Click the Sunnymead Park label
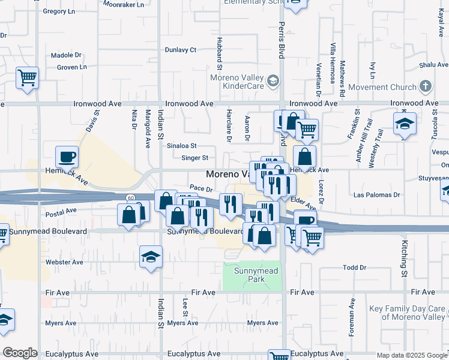252,274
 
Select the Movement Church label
382,87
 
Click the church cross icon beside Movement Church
426,86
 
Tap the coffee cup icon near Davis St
67,157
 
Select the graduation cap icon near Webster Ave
151,257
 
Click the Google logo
20,353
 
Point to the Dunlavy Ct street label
181,50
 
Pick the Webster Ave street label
65,262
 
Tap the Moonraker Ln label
124,4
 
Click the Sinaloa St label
182,146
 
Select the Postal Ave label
61,211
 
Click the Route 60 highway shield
130,197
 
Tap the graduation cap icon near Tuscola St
405,125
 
